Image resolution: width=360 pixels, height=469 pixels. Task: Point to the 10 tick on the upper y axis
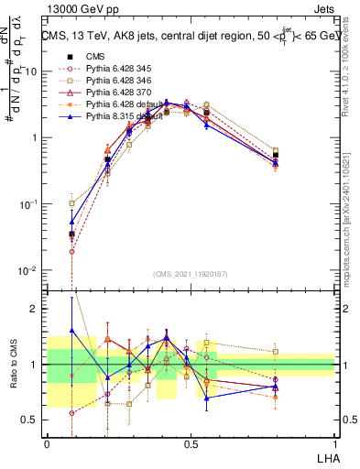point(31,71)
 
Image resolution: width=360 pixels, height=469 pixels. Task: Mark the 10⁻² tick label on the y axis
point(28,270)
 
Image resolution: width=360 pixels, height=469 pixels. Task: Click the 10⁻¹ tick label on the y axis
point(28,204)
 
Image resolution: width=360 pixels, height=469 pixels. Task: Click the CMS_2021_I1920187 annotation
point(190,273)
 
